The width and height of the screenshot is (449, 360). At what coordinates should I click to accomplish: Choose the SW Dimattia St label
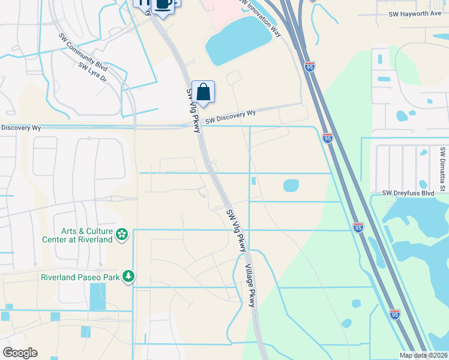click(442, 169)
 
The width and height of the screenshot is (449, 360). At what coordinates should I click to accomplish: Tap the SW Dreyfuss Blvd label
click(408, 193)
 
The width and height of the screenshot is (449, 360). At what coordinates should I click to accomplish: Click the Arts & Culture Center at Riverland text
click(87, 235)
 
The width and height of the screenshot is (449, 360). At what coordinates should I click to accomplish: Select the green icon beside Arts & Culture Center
click(122, 234)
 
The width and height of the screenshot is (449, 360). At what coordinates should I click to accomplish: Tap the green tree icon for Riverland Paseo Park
click(128, 276)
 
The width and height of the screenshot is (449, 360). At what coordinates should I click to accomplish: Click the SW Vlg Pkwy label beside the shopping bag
click(193, 111)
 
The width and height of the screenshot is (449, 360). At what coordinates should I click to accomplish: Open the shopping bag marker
click(203, 92)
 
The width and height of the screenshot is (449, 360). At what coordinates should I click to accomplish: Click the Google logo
click(20, 353)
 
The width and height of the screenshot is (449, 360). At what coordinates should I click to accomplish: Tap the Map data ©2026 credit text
click(423, 355)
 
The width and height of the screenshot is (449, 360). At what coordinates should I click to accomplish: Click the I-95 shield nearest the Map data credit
click(394, 314)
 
